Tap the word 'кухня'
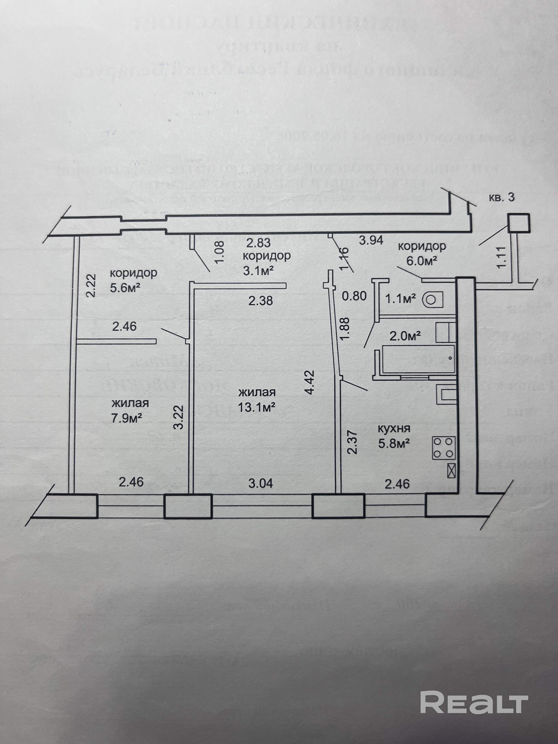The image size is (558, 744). (394, 428)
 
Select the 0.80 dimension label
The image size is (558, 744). (354, 296)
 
